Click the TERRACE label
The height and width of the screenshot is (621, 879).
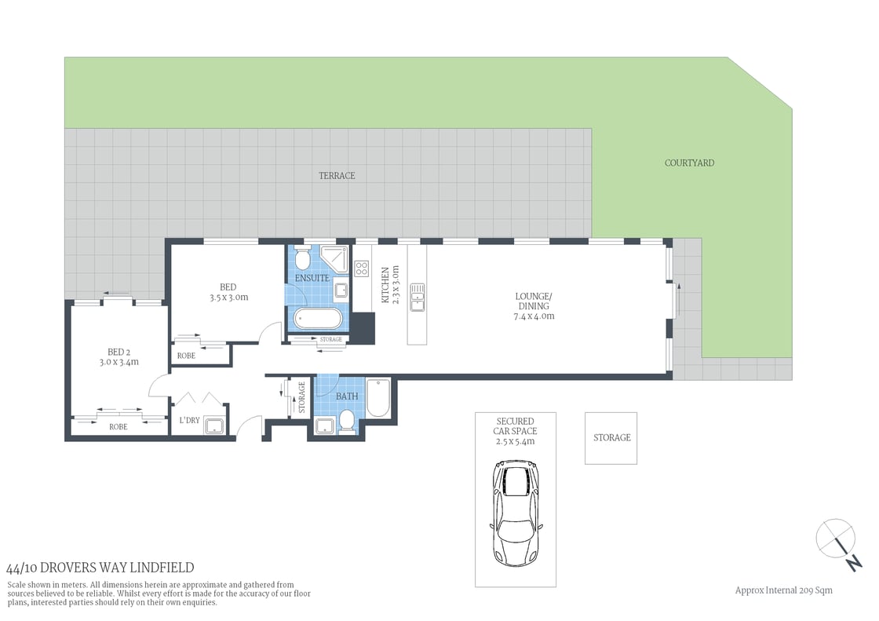point(337,176)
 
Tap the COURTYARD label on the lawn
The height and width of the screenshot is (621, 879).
point(689,163)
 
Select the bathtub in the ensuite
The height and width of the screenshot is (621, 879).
point(318,319)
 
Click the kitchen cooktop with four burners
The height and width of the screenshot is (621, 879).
point(362,268)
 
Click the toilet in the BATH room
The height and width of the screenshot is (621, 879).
point(346,423)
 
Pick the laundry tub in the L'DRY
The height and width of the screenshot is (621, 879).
point(213,426)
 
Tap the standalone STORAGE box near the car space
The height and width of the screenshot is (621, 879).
point(611,437)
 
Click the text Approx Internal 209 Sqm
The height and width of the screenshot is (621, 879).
point(782,590)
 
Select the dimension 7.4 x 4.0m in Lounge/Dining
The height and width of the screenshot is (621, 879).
point(534,316)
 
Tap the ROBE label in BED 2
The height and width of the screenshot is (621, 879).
point(119,427)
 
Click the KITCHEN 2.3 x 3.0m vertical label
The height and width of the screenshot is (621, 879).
point(390,284)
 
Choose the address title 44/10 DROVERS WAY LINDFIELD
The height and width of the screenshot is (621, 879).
point(100,568)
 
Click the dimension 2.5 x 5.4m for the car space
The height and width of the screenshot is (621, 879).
point(515,441)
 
